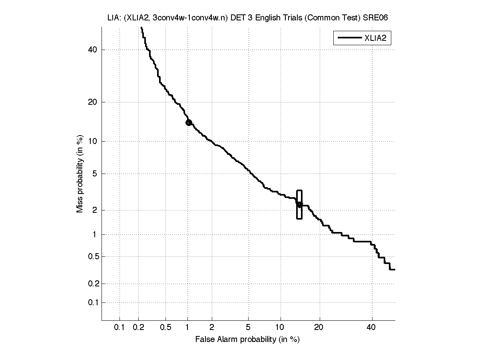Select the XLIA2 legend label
coord(377,38)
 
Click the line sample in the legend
coord(349,38)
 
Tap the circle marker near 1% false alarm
coord(189,122)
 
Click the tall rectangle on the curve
coord(299,204)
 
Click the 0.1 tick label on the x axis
coord(120,328)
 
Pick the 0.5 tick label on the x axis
coord(165,328)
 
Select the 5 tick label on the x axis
coord(248,328)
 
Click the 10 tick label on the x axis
coord(281,328)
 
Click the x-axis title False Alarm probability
coord(247,340)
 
